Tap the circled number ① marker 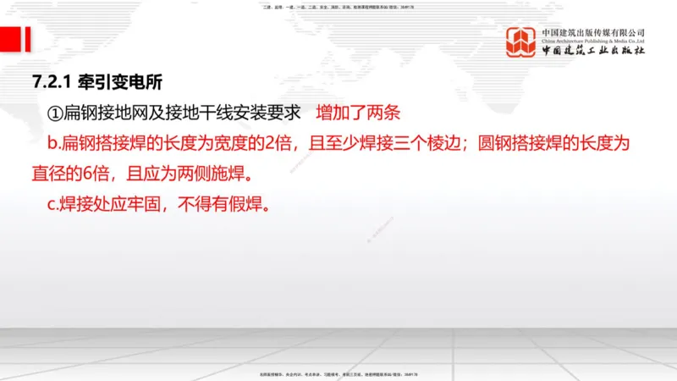[x=54, y=113]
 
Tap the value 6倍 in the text [x=91, y=174]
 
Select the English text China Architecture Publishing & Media [x=593, y=40]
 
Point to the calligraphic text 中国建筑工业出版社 [x=593, y=52]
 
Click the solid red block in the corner [x=11, y=38]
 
